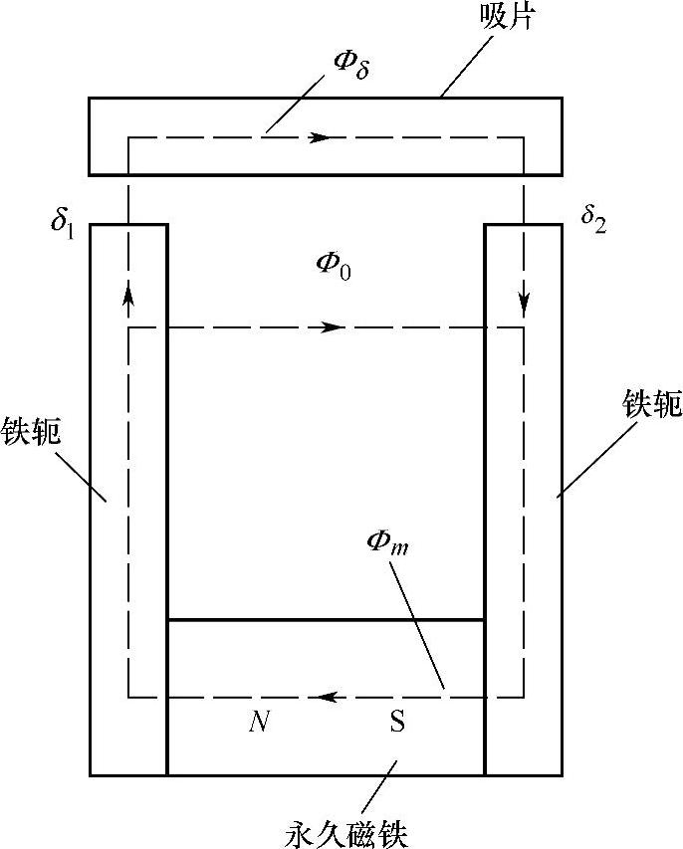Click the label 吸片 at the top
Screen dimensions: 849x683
click(518, 19)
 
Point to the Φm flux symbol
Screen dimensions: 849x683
click(385, 545)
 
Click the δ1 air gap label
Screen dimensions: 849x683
click(63, 219)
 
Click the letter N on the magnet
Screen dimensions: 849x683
click(257, 722)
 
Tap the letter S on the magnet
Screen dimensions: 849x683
click(396, 722)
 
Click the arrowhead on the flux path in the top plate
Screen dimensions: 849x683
click(318, 137)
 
